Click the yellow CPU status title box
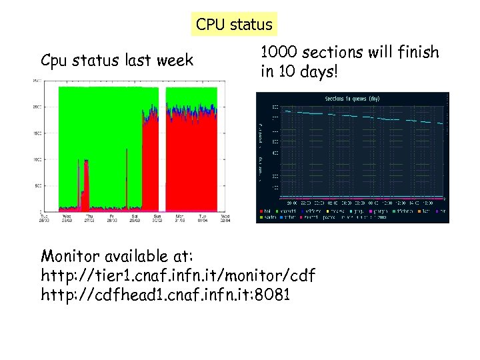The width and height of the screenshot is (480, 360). [x=234, y=25]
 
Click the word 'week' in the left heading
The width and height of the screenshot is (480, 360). [x=175, y=61]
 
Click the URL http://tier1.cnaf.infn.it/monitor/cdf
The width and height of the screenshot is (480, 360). [x=178, y=275]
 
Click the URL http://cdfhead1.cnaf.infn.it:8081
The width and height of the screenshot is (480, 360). [x=165, y=295]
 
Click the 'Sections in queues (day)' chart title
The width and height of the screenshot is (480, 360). [x=351, y=99]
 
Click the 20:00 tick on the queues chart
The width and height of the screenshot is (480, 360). [x=291, y=203]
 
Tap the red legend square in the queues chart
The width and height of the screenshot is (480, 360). [x=261, y=211]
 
